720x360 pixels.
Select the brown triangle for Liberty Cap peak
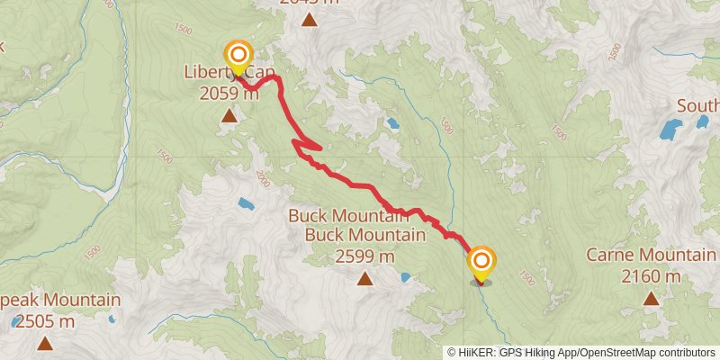tap(229, 116)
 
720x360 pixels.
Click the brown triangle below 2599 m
tap(364, 279)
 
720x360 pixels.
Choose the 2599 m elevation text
tap(364, 256)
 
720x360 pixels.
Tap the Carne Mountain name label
tap(650, 255)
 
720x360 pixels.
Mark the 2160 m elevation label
tap(650, 276)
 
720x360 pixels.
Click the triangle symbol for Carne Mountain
tap(650, 298)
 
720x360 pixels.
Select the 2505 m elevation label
tap(43, 321)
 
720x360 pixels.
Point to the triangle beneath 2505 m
tap(44, 343)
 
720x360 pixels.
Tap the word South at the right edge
tap(697, 106)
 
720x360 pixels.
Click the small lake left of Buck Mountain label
tap(245, 204)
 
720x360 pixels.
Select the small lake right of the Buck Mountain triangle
tap(406, 277)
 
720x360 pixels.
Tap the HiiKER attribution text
tap(478, 353)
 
